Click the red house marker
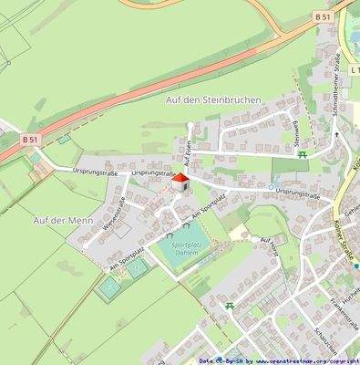point(180,182)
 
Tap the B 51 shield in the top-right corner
point(322,16)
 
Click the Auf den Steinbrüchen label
point(213,99)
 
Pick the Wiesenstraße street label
point(119,214)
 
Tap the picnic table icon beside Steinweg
point(303,154)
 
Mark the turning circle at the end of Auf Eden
point(190,126)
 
